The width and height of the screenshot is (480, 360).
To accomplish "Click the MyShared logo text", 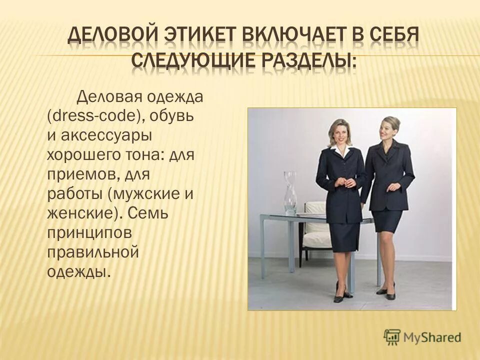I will pyautogui.click(x=432, y=337).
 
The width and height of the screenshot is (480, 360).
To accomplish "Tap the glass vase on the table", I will pyautogui.click(x=290, y=192).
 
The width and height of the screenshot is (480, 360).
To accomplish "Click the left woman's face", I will pyautogui.click(x=340, y=131).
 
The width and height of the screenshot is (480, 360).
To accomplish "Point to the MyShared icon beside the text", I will pyautogui.click(x=392, y=337).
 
